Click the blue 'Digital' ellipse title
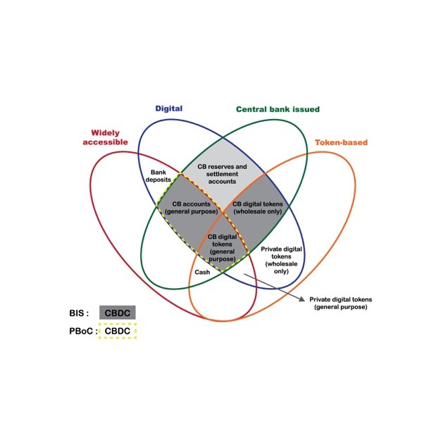tap(168, 108)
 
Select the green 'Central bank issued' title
tap(277, 109)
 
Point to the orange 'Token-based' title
tap(341, 142)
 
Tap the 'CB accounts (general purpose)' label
tap(187, 209)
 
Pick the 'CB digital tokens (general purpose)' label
tap(222, 248)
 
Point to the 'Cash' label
tap(203, 271)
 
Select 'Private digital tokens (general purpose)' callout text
tap(339, 304)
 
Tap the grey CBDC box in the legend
tap(117, 312)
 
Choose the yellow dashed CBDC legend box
tap(118, 331)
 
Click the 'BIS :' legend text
tap(78, 313)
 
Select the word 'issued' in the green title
tap(306, 109)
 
